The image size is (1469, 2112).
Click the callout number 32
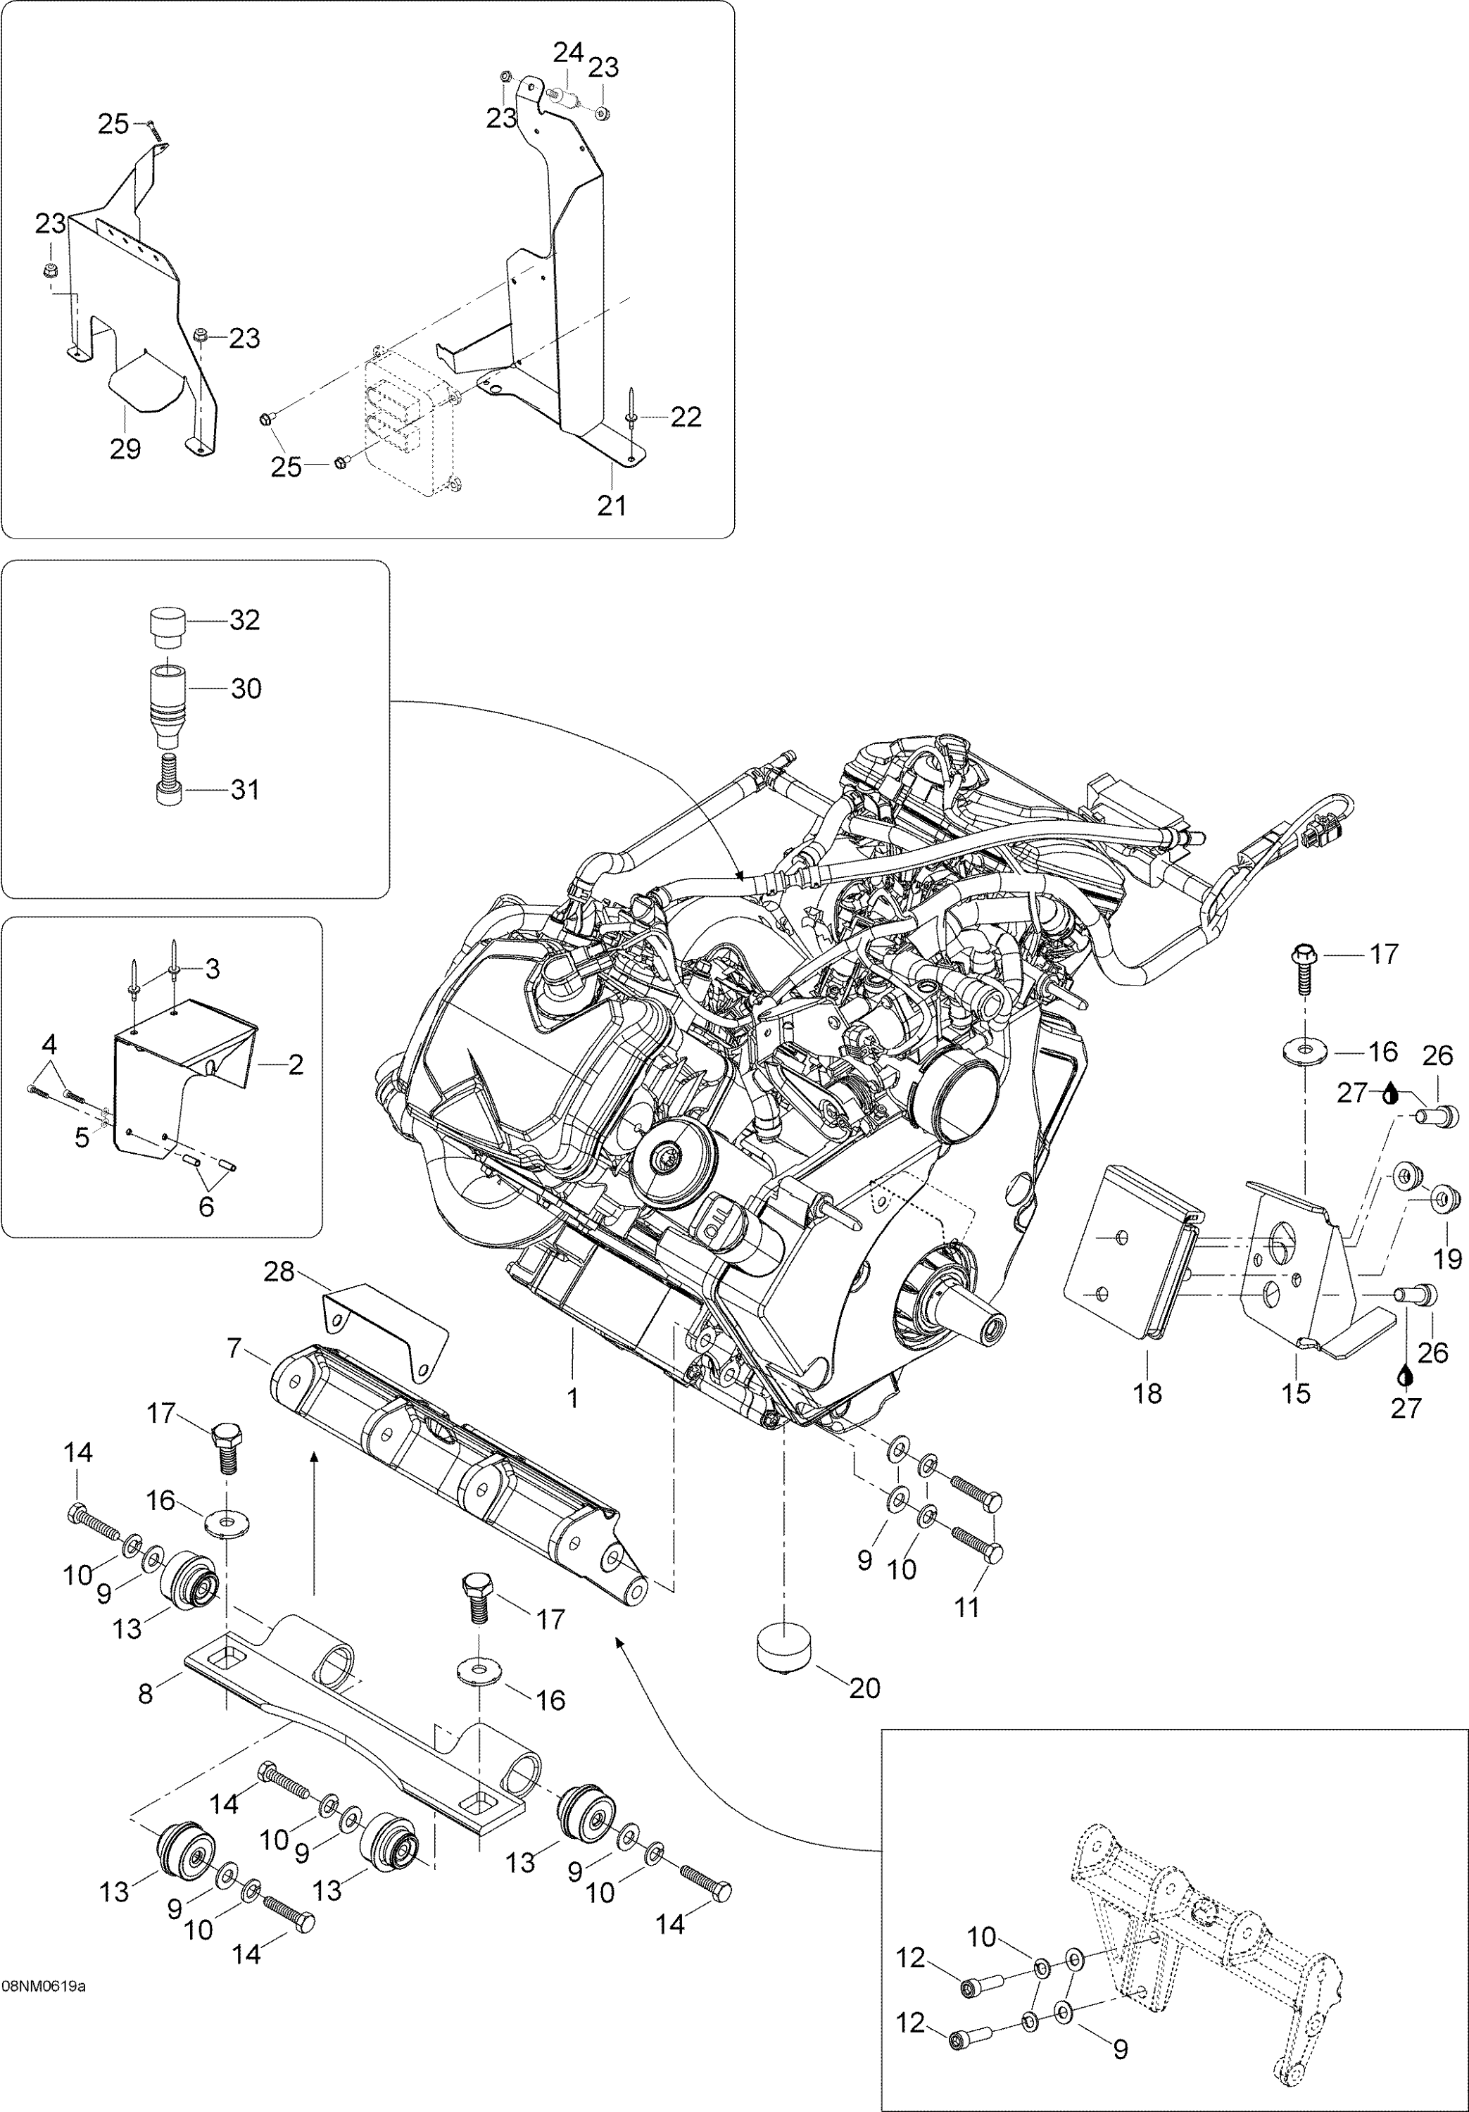point(245,620)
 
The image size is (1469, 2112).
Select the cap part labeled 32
point(168,627)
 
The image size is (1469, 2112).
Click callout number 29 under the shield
point(125,449)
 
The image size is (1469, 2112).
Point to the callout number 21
point(612,505)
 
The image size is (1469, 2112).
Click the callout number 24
point(567,52)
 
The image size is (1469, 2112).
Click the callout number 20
point(864,1688)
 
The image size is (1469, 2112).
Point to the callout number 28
point(279,1272)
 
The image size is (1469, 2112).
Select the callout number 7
point(234,1350)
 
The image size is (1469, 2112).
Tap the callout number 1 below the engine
point(572,1399)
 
